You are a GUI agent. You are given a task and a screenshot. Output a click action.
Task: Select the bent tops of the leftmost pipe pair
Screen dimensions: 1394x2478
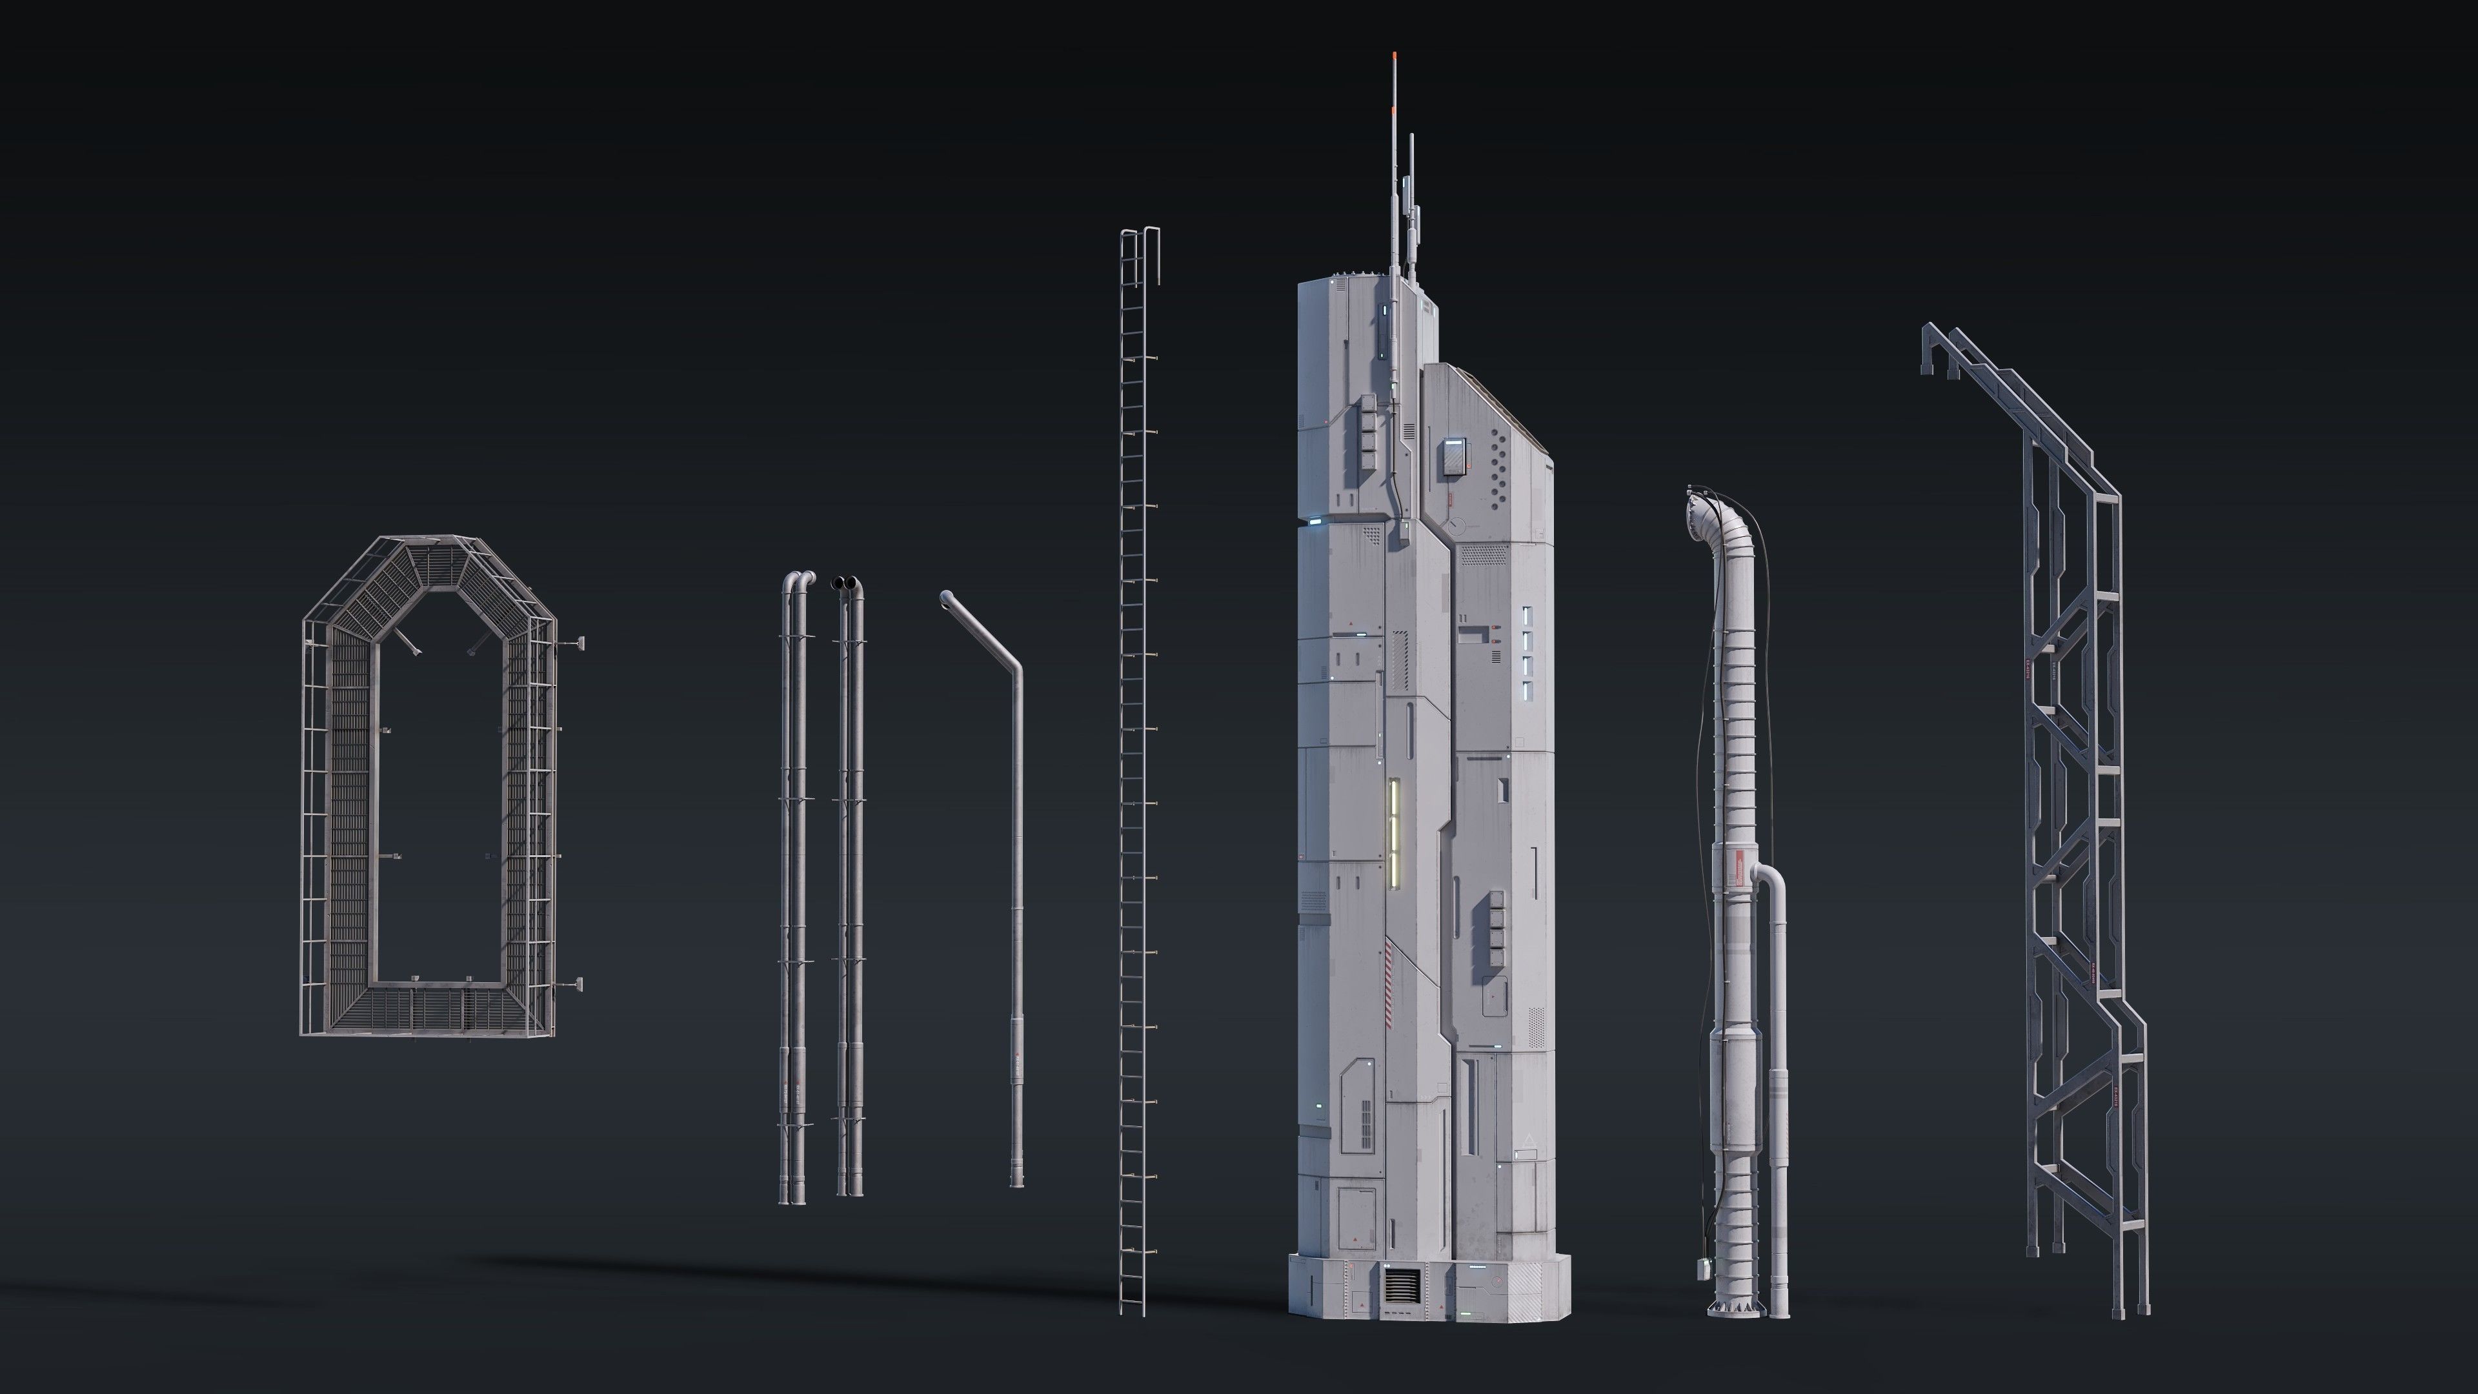[x=798, y=580]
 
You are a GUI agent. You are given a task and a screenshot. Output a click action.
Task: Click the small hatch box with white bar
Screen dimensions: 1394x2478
[x=1453, y=456]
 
